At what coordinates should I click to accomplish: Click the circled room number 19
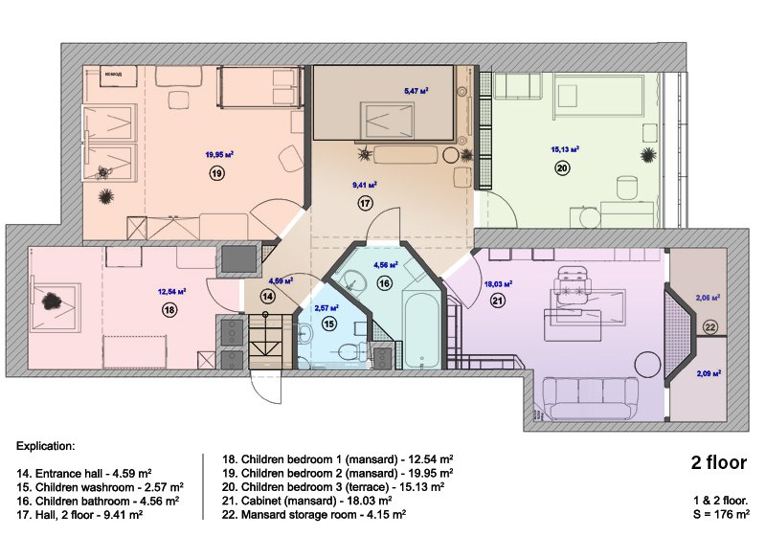(x=217, y=172)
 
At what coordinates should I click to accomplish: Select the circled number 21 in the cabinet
(x=498, y=301)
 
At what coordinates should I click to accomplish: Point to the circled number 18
(x=169, y=310)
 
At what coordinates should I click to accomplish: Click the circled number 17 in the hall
(x=365, y=203)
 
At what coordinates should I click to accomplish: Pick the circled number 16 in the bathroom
(x=384, y=283)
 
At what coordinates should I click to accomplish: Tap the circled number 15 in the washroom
(x=328, y=324)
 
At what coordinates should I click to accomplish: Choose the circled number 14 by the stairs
(x=267, y=298)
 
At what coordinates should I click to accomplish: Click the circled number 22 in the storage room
(x=710, y=327)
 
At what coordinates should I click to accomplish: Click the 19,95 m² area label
(x=220, y=153)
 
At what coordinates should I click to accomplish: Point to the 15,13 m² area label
(x=565, y=149)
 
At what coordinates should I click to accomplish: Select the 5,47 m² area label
(x=416, y=91)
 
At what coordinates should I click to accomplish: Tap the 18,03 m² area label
(x=498, y=284)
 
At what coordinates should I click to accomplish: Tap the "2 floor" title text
(x=718, y=463)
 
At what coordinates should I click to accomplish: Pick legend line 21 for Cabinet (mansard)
(x=307, y=500)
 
